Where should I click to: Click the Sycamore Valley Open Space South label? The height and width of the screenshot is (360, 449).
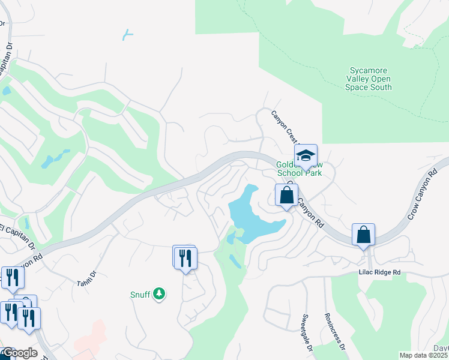(369, 79)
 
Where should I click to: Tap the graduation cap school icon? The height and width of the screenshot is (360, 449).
(306, 156)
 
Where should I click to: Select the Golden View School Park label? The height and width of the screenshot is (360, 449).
(299, 169)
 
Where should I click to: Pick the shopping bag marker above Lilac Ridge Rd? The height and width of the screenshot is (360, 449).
(364, 235)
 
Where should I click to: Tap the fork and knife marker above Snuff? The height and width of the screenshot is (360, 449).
(185, 257)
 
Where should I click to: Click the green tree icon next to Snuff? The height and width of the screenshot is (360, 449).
(159, 294)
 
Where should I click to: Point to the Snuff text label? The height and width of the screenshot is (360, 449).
(140, 295)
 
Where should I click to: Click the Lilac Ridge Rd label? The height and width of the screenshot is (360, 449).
(379, 272)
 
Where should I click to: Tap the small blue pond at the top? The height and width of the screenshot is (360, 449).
(127, 35)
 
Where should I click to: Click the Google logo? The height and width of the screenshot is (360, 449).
(19, 353)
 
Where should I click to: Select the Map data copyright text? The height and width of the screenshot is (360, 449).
(423, 355)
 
